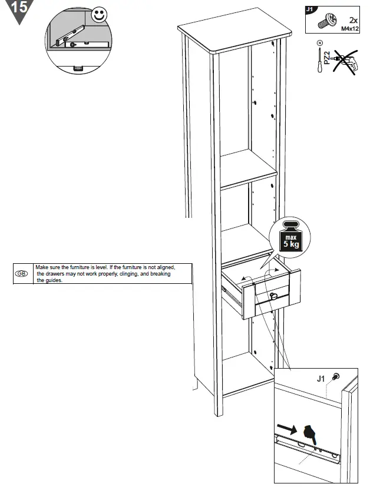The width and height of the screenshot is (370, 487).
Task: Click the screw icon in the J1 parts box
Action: (325, 22)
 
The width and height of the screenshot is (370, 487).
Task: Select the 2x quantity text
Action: (354, 20)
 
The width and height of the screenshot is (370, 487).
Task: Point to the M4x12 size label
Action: (350, 28)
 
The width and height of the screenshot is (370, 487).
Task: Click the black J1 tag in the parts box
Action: (311, 9)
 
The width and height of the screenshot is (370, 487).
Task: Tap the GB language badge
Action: (21, 274)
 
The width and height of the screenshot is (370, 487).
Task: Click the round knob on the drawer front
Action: (272, 296)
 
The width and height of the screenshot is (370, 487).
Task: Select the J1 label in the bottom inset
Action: (321, 379)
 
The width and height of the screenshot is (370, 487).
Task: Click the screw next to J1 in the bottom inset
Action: (335, 376)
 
